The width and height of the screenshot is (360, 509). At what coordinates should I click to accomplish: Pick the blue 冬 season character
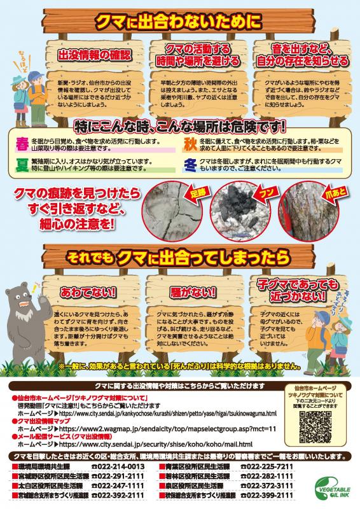pyautogui.click(x=190, y=164)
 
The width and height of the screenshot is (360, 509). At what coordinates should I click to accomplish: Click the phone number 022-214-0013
pyautogui.click(x=118, y=466)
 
